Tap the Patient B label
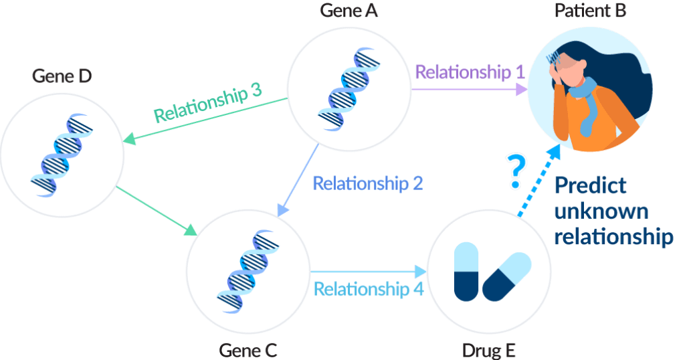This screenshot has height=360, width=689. point(589,11)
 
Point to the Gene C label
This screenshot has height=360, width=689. point(248,350)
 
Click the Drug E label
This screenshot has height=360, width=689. point(489,350)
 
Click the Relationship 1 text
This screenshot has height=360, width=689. point(470,72)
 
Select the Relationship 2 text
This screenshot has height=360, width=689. point(367,183)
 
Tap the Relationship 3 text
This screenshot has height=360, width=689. point(207,104)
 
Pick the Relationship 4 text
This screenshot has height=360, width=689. point(369,289)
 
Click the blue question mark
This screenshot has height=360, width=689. point(514,171)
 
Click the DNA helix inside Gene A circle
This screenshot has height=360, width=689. point(349,87)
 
